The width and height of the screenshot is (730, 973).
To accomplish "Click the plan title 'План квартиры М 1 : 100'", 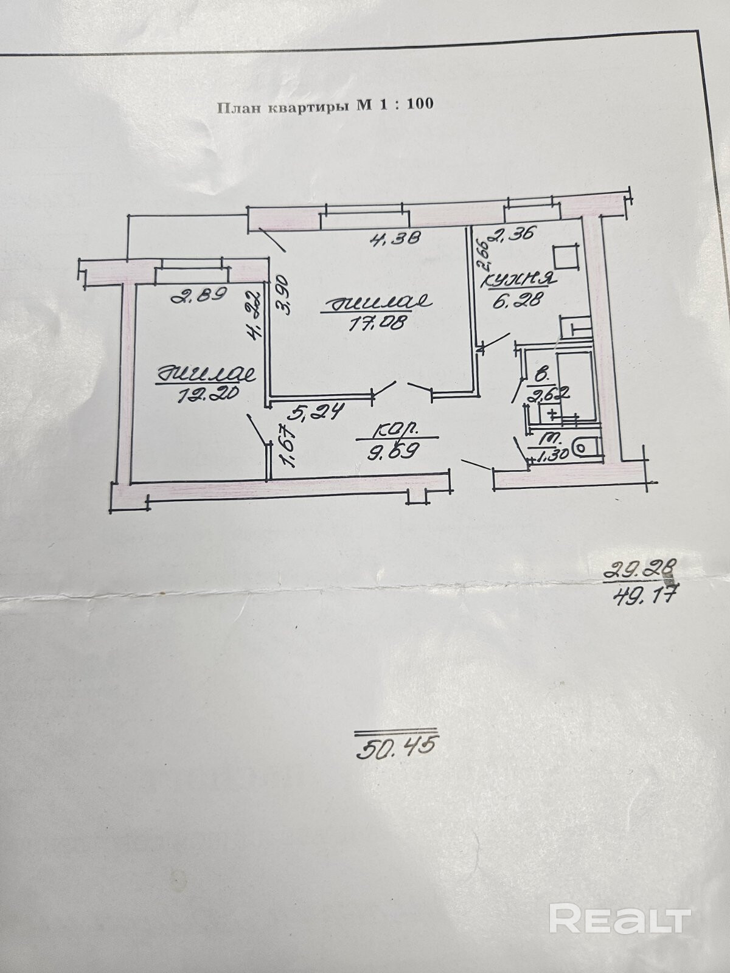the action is [x=325, y=105].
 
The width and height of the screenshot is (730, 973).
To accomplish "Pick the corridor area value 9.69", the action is [x=396, y=452].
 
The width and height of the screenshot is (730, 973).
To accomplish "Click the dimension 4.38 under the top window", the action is [x=396, y=239].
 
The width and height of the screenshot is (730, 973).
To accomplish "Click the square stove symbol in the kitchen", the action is [x=565, y=256].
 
